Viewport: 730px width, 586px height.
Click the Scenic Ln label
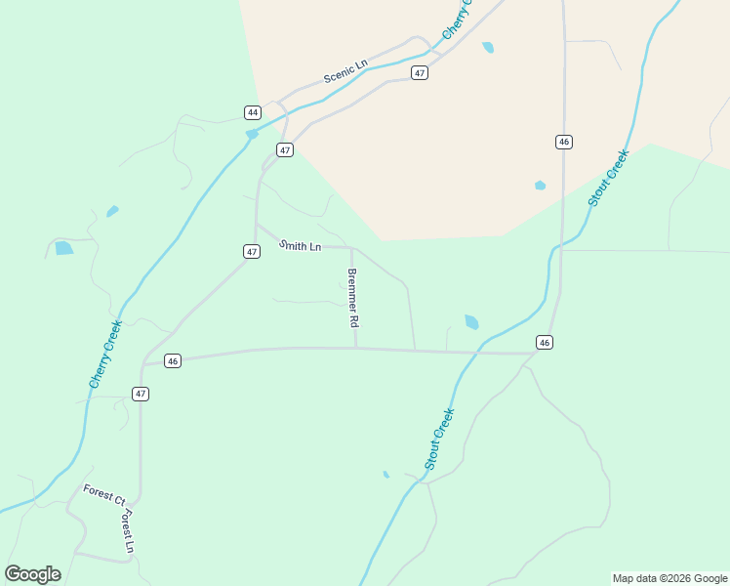pos(345,71)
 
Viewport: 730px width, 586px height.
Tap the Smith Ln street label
pos(301,246)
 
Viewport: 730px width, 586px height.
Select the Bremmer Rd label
pos(353,298)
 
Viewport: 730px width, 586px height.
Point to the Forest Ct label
pos(103,494)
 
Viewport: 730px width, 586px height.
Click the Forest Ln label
pos(128,531)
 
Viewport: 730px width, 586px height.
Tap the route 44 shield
pos(253,112)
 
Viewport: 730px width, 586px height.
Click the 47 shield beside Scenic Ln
pos(419,73)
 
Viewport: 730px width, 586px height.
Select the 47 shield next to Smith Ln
pos(252,252)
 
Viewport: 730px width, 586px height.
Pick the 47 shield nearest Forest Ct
pos(142,394)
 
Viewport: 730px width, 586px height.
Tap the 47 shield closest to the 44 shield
pos(284,149)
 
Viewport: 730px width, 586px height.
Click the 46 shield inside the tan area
pos(564,142)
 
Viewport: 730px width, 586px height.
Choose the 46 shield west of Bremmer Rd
pos(173,361)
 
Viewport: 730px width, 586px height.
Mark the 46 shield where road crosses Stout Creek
pos(545,342)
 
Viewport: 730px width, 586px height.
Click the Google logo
pos(33,574)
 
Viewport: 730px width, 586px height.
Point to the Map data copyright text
pos(669,578)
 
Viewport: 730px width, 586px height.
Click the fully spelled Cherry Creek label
pos(105,355)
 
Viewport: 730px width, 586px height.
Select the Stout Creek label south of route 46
pos(440,439)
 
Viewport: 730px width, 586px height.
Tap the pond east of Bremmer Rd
pos(472,321)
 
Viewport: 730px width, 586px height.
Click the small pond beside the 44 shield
pos(252,134)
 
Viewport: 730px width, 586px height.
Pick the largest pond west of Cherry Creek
pos(64,248)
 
